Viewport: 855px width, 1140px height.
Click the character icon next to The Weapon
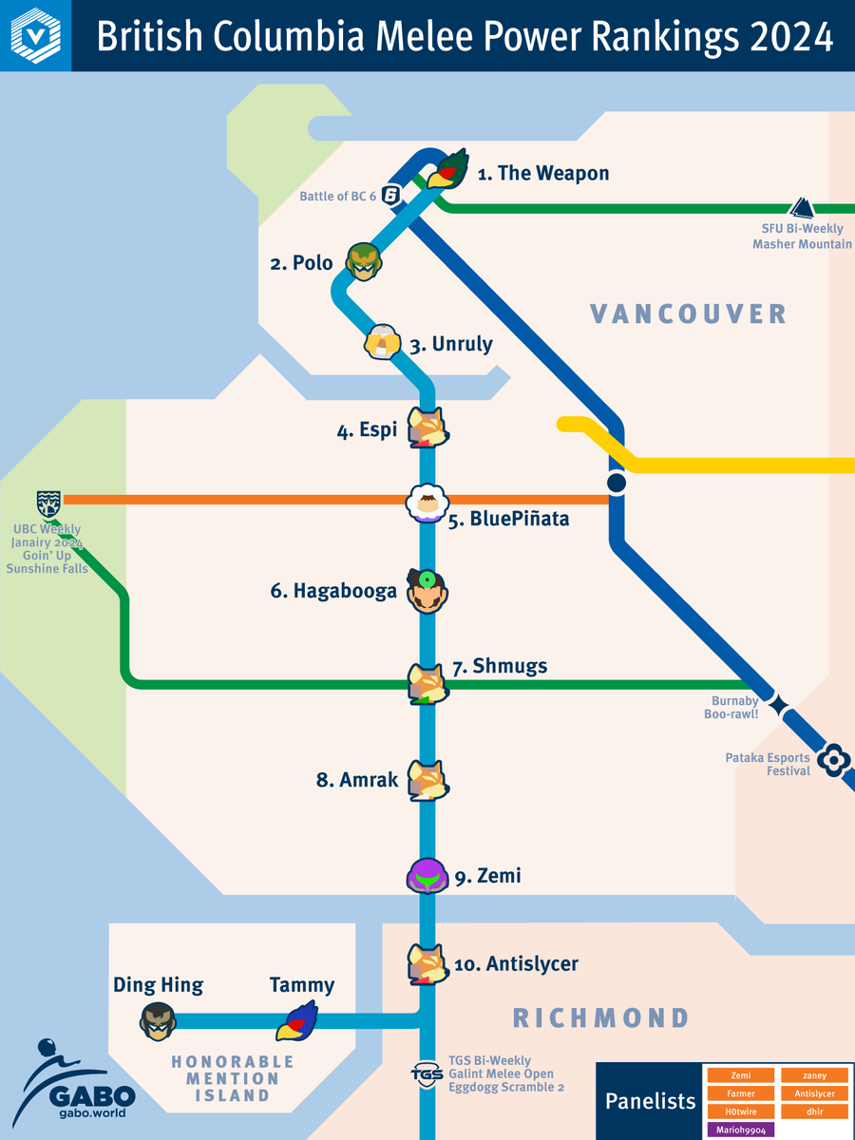(448, 169)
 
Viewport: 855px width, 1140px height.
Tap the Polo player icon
(363, 261)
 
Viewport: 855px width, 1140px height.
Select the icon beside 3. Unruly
(381, 342)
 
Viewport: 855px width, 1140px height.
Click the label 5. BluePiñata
(508, 520)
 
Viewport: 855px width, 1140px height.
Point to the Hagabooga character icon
(427, 591)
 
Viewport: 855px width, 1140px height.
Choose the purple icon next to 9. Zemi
(427, 875)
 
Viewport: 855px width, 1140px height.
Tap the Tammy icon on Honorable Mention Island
(296, 1021)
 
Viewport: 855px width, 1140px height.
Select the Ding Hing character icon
(158, 1021)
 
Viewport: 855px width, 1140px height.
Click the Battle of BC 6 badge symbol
(390, 195)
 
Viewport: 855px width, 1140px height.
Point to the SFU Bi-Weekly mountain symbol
(802, 208)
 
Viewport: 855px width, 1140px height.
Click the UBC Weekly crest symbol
(48, 503)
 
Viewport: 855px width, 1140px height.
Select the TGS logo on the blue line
(427, 1073)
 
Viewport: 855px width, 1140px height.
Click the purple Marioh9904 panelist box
(740, 1130)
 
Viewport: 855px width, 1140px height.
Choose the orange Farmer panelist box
(740, 1093)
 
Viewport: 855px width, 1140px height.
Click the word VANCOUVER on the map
(688, 313)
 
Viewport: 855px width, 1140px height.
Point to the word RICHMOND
(600, 1018)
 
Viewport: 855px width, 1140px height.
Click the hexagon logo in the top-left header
(35, 36)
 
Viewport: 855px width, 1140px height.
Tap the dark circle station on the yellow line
(617, 484)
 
